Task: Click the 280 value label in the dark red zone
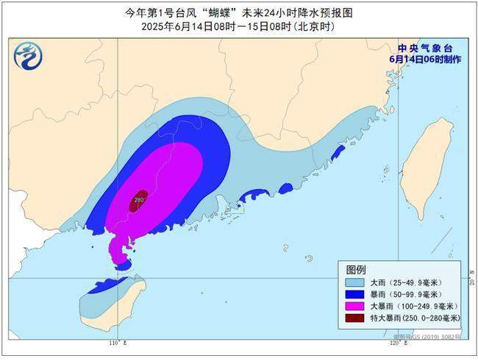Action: [x=138, y=199]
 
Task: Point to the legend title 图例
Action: [x=356, y=269]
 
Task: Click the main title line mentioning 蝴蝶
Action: [x=239, y=12]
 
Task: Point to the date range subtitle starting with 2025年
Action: [x=239, y=26]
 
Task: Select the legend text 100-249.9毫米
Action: [x=427, y=306]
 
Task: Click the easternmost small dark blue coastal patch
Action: [x=338, y=152]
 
